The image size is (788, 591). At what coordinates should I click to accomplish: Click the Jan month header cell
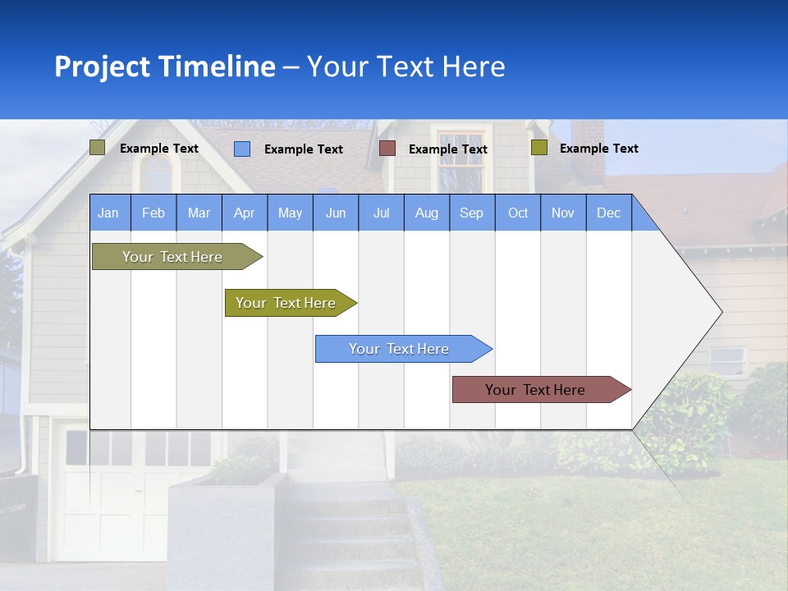tap(109, 213)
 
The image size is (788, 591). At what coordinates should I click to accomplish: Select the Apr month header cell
tap(245, 213)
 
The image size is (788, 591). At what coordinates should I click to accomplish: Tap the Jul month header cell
tap(381, 213)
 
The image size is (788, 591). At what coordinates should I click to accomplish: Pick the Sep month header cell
tap(472, 213)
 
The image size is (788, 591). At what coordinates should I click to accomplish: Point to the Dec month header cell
tap(608, 213)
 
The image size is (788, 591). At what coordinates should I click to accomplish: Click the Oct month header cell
tap(518, 213)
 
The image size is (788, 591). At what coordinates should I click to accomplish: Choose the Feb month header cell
tap(153, 213)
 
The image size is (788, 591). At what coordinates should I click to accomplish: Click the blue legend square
tap(242, 149)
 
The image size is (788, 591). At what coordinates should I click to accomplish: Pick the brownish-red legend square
tap(387, 148)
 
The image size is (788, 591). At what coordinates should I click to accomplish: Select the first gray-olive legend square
tap(98, 148)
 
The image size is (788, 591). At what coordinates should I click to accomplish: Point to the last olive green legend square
tap(538, 148)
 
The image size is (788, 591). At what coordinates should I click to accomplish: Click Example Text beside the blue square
tap(304, 149)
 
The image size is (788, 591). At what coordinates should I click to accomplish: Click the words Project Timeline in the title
tap(165, 66)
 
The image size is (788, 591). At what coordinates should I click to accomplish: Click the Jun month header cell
tap(336, 213)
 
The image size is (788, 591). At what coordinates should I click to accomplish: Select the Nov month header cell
tap(563, 213)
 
